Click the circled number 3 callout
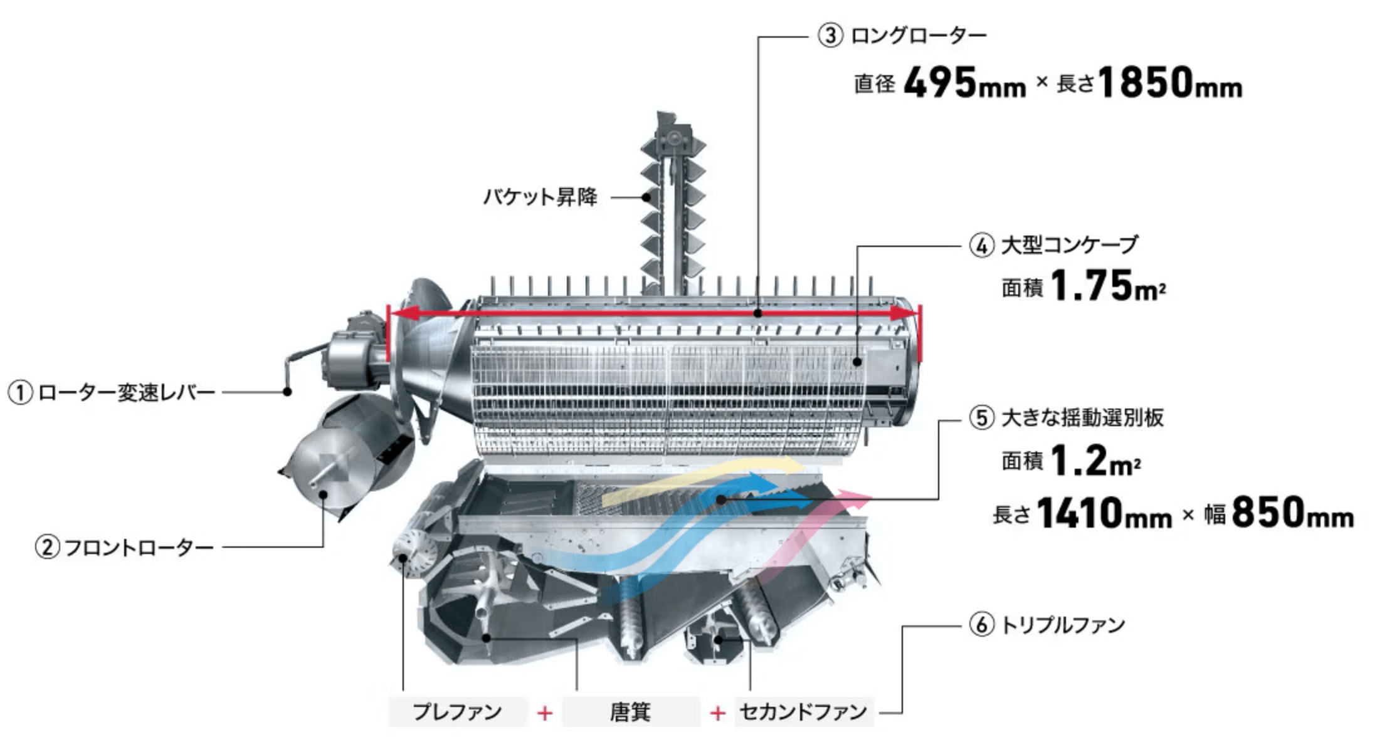click(830, 36)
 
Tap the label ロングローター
click(919, 36)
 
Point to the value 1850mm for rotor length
click(1170, 83)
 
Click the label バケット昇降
click(540, 197)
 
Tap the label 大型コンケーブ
click(1070, 245)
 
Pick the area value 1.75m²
click(1107, 286)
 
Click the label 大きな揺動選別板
click(1082, 418)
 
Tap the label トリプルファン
click(1063, 625)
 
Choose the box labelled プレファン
click(457, 712)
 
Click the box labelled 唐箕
click(630, 712)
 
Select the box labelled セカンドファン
click(803, 712)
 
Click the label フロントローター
click(139, 548)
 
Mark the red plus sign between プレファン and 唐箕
click(544, 713)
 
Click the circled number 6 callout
click(982, 625)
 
